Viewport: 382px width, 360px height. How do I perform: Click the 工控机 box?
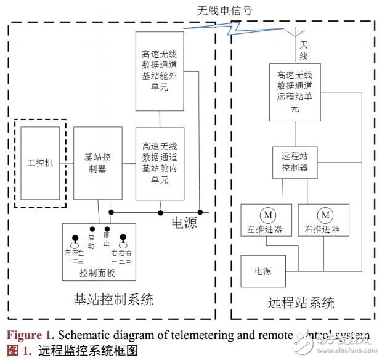pos(40,163)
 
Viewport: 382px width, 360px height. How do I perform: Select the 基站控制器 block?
pos(97,163)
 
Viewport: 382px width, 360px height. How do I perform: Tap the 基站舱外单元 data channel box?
pos(160,72)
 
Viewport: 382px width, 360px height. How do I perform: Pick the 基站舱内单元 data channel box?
pos(160,163)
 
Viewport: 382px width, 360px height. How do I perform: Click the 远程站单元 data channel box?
pos(295,91)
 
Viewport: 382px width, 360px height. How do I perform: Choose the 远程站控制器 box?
pos(295,163)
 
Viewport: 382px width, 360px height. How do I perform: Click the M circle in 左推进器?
pos(267,215)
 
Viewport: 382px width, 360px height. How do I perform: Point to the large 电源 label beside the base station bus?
pos(184,223)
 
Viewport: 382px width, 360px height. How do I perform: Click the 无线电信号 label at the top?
pos(224,10)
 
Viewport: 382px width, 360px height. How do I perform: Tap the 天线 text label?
pos(304,50)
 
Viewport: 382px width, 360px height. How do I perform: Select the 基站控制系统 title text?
pos(113,300)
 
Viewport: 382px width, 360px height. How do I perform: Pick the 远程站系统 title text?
pos(301,303)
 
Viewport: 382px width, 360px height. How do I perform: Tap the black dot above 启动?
pos(93,228)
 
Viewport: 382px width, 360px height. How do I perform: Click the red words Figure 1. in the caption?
pos(30,336)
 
